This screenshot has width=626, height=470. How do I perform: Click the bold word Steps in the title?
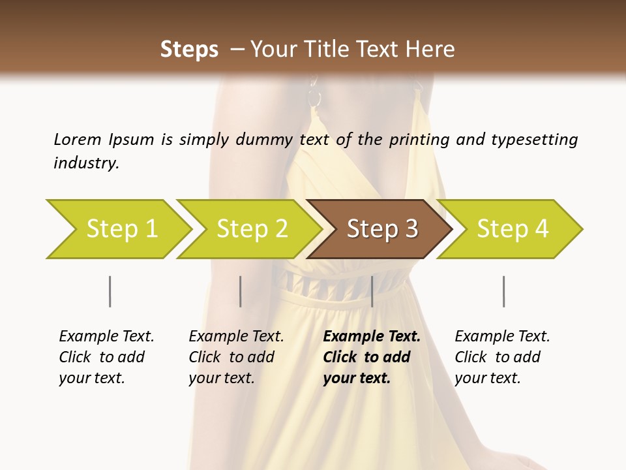click(x=189, y=50)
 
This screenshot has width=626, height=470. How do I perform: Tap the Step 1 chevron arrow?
click(x=117, y=229)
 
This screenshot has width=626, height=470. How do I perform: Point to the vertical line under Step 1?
click(x=110, y=291)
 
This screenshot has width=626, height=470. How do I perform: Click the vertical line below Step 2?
click(x=241, y=291)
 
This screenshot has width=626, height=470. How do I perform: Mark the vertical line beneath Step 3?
click(x=372, y=291)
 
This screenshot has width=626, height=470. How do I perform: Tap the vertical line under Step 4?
click(x=503, y=291)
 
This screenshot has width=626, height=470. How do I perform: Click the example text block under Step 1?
click(x=106, y=357)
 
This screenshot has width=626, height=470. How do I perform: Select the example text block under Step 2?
click(x=236, y=357)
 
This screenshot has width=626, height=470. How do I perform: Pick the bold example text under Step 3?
click(x=371, y=357)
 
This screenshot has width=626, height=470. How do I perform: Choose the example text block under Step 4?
click(x=502, y=357)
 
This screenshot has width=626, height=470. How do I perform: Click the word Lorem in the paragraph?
click(x=77, y=139)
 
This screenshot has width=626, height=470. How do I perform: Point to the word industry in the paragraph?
click(x=85, y=163)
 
